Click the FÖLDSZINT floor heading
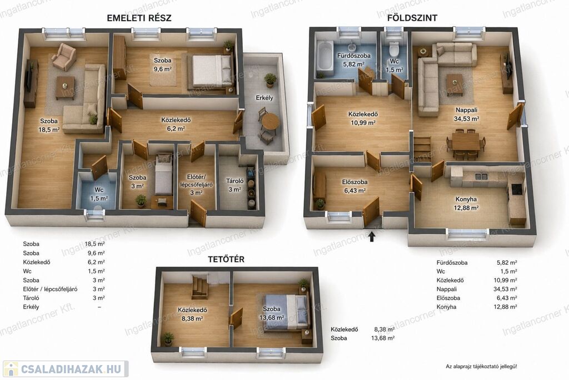tap(412, 17)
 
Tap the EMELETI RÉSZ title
tap(139, 18)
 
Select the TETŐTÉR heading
tap(226, 259)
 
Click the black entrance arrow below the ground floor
tap(372, 236)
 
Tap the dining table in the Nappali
tap(466, 141)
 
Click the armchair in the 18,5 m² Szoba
tap(64, 57)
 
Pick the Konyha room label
tap(466, 199)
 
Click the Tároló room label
tap(235, 181)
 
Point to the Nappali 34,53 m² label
tap(467, 114)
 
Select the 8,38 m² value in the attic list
tap(385, 329)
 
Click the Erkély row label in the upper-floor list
tap(31, 307)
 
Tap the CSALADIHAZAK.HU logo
tap(66, 369)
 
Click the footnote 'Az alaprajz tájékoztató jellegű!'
tap(482, 367)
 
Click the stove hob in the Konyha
tap(517, 189)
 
